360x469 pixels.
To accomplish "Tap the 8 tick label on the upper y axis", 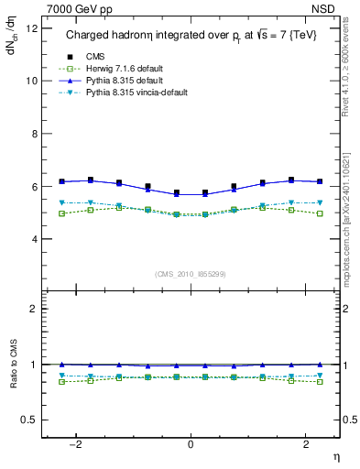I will tap(33, 133).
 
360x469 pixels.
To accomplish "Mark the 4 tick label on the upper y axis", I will tap(33, 239).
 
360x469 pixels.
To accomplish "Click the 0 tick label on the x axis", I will tap(191, 443).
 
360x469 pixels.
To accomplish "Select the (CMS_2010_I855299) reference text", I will tap(191, 274).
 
